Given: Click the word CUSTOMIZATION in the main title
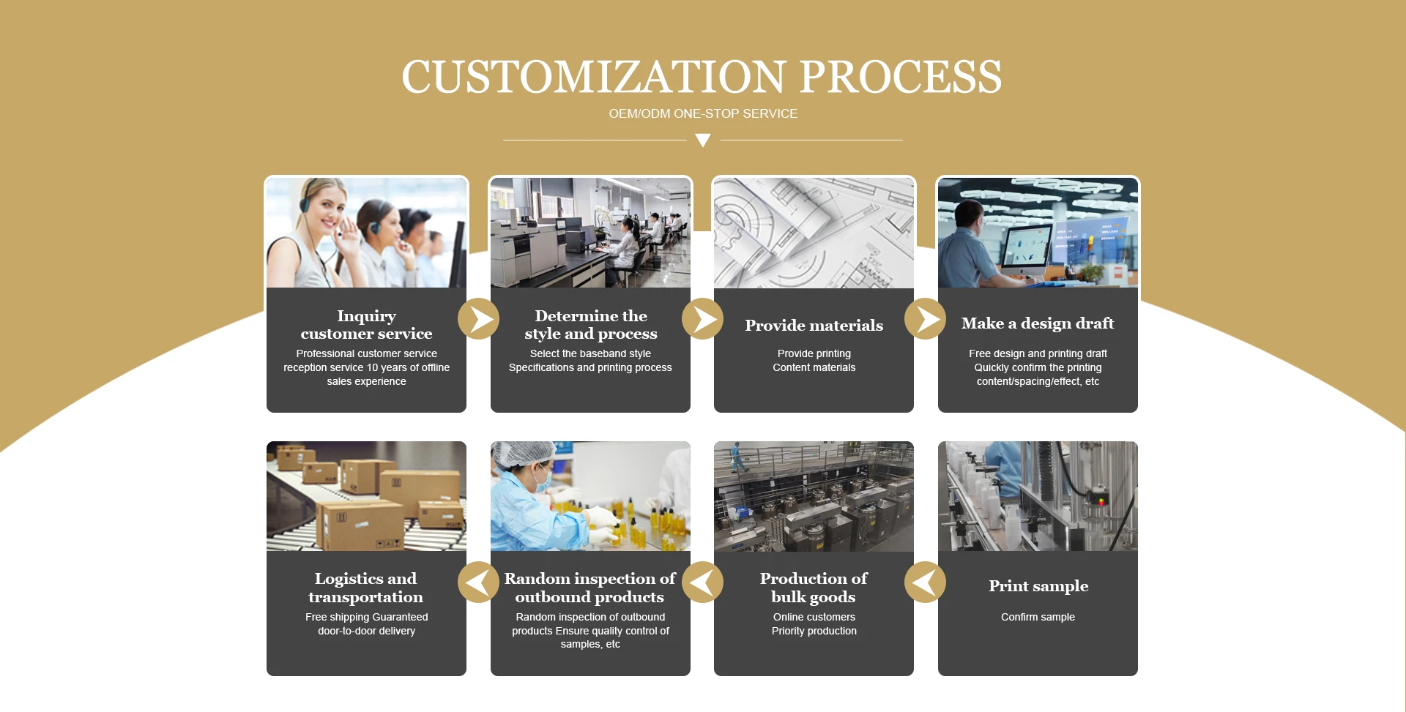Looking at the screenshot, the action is [594, 77].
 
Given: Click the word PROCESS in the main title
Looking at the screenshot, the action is [901, 77].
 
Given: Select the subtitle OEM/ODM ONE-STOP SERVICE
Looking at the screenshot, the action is [703, 113].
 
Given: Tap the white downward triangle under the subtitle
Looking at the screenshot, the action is [703, 140].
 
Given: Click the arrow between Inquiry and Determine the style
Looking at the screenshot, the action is [479, 319].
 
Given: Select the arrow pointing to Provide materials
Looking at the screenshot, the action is [703, 319].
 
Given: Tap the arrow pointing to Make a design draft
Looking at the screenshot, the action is [926, 319].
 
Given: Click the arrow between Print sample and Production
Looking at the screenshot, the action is [926, 582].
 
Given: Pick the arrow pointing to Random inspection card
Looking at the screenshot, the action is [703, 582].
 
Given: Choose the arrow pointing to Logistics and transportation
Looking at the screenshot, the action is [479, 582].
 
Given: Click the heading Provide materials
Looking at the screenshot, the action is [814, 326].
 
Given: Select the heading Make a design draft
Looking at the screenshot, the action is [1038, 323].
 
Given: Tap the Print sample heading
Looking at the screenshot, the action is [1038, 586].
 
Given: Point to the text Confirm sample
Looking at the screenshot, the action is [1038, 617].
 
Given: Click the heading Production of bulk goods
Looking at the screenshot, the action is [814, 588].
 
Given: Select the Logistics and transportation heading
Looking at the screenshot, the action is [366, 588].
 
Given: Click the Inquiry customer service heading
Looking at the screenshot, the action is [366, 325].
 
